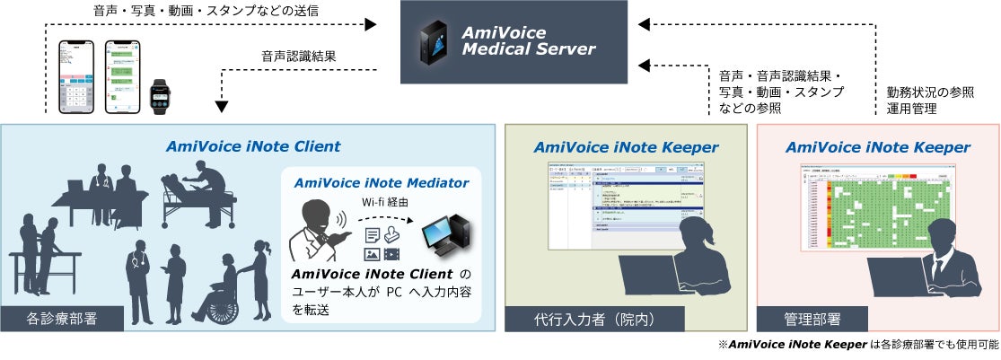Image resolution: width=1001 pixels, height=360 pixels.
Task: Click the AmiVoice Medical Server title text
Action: pyautogui.click(x=528, y=40)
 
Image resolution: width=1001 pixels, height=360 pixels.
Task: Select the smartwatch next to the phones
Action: pyautogui.click(x=160, y=93)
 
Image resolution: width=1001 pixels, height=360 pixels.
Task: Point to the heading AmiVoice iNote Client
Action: pyautogui.click(x=253, y=145)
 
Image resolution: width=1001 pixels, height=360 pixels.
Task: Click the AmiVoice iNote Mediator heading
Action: pyautogui.click(x=382, y=182)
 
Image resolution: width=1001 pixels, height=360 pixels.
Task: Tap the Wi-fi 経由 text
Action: pyautogui.click(x=381, y=202)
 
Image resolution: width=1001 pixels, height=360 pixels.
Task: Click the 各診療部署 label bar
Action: pyautogui.click(x=62, y=318)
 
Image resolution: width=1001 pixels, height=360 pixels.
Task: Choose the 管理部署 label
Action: pyautogui.click(x=812, y=318)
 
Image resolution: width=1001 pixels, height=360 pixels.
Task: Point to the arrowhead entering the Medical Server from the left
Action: pyautogui.click(x=371, y=24)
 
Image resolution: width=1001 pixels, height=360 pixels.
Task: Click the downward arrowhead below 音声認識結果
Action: pyautogui.click(x=222, y=107)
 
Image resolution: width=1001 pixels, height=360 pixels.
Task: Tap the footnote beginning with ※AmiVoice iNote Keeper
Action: pyautogui.click(x=857, y=346)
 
